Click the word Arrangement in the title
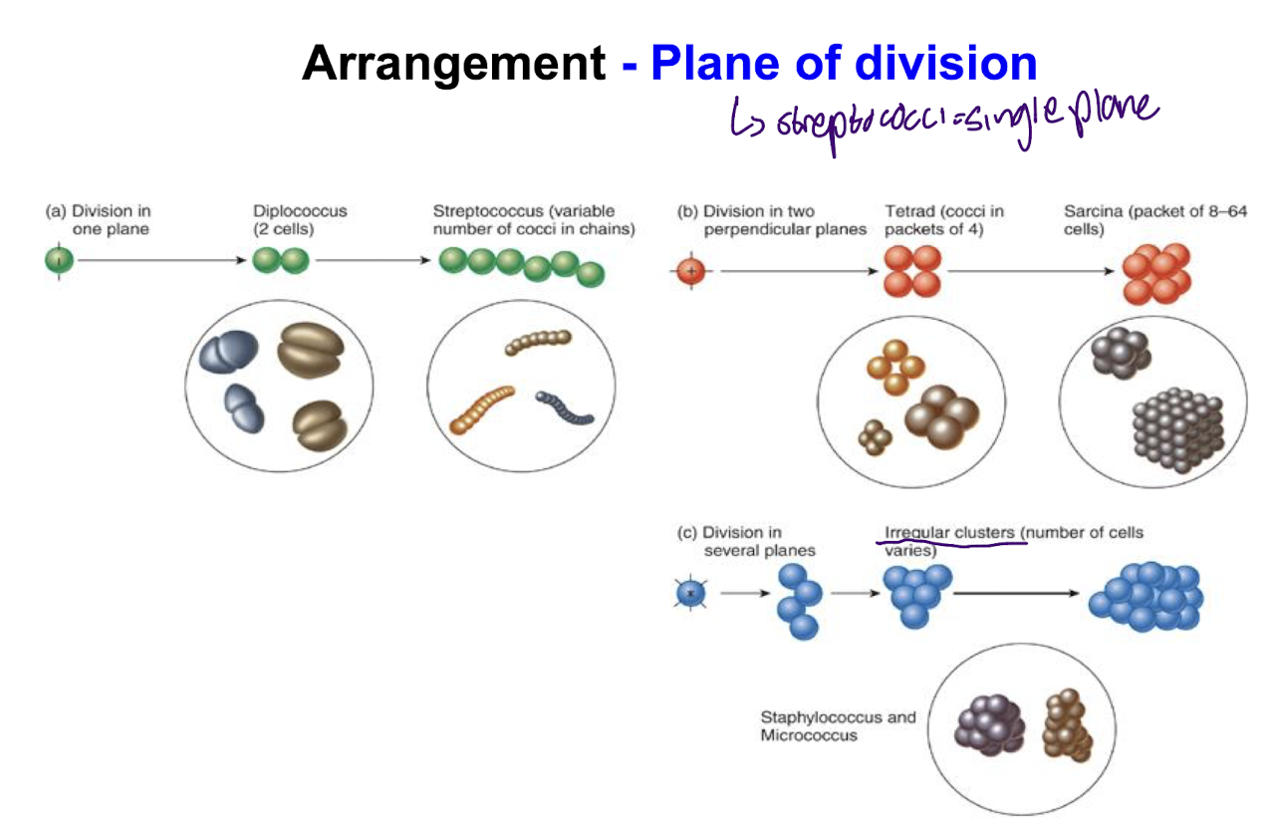point(453,64)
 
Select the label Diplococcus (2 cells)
point(299,219)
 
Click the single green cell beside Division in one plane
point(59,262)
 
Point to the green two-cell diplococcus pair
point(281,262)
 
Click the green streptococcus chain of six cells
point(522,265)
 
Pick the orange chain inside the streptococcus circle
point(482,408)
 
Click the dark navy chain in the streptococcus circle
point(565,408)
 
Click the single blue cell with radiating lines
point(689,595)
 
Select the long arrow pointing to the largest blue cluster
point(1016,594)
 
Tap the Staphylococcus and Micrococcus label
point(837,725)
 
